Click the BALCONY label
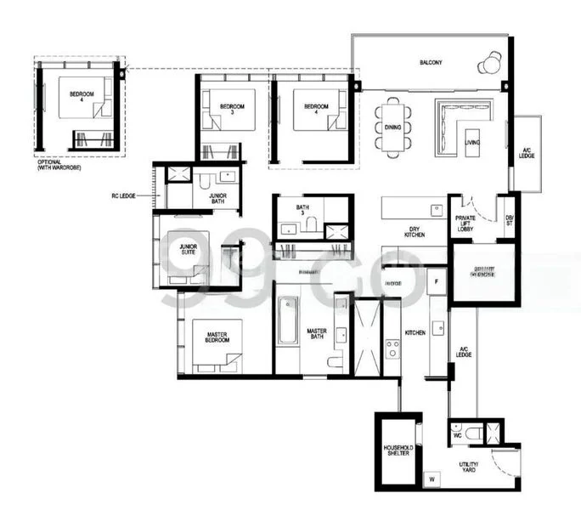point(431,63)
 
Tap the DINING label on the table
point(392,127)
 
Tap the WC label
point(456,433)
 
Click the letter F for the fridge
point(436,280)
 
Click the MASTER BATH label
point(317,335)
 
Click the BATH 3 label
point(302,211)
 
